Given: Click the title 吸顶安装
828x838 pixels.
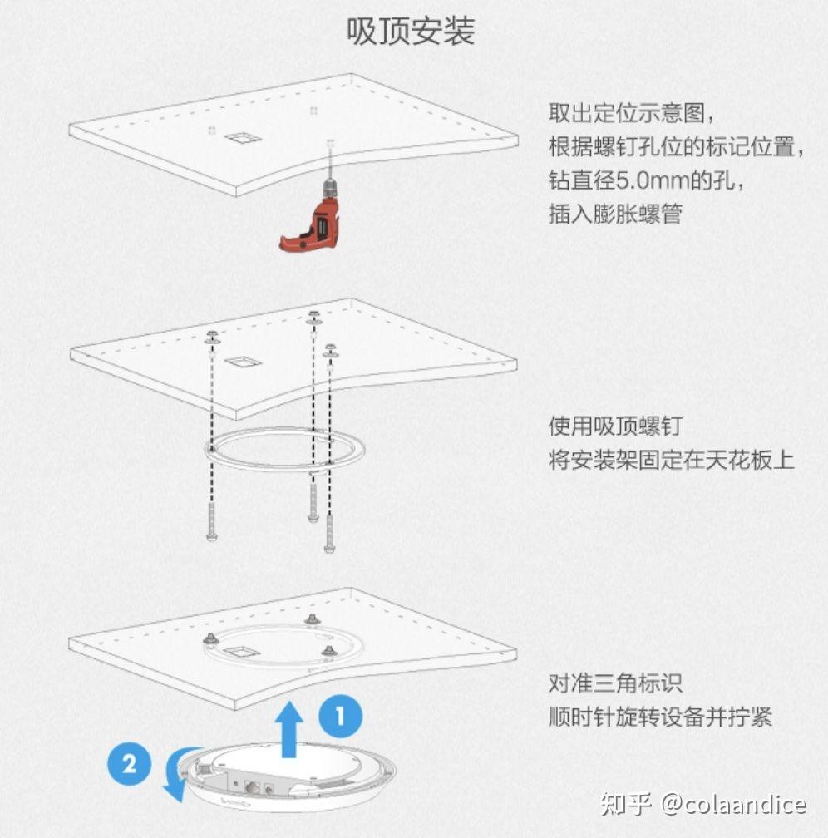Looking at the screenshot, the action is pos(411,31).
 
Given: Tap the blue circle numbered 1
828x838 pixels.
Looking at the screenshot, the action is pos(341,716).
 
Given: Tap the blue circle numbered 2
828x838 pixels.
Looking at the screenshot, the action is pos(130,763).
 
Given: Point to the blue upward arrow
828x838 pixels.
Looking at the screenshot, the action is pos(289,730).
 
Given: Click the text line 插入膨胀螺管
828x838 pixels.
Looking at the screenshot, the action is pos(615,214).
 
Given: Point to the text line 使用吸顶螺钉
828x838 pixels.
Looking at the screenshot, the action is pos(615,426).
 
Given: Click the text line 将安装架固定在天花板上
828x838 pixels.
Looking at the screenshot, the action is pos(672,460).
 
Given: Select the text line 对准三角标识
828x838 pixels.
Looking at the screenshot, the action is pos(615,683).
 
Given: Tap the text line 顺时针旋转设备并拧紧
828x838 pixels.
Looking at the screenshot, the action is pos(660,717).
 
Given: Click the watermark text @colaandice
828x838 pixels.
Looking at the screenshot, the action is pos(733,804).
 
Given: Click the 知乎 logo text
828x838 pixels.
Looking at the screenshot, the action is pos(625,804).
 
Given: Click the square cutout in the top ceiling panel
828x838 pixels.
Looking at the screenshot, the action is pos(243,138).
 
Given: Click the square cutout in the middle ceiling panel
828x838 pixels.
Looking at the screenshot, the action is pos(243,362).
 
